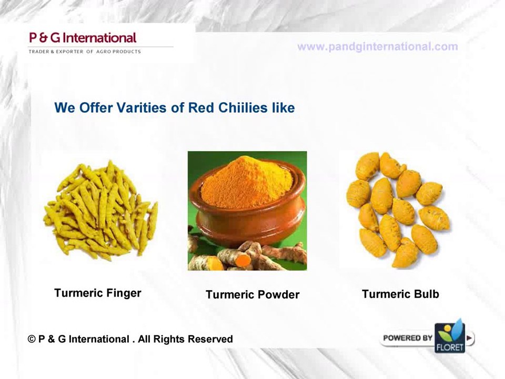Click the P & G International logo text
coord(83,38)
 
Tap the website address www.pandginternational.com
coord(377,47)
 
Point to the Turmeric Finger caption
coord(98,293)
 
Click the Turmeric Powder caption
coord(252,295)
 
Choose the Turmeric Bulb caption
coord(400,294)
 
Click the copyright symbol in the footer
coord(32,340)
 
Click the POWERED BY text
coord(407,338)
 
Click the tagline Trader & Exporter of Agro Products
coord(84,52)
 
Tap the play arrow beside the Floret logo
coord(470,338)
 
